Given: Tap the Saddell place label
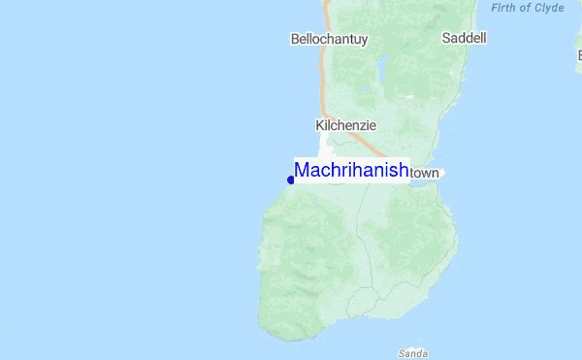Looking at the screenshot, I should [x=464, y=39].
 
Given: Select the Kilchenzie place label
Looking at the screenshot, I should [x=345, y=125].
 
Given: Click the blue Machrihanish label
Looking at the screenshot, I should [x=351, y=170].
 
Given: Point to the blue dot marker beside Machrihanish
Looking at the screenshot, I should [x=291, y=180].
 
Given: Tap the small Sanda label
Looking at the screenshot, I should [x=413, y=352].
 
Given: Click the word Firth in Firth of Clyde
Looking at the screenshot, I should [x=507, y=8].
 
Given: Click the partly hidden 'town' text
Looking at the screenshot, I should [x=425, y=173].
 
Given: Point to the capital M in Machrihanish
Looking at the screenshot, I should [x=302, y=170].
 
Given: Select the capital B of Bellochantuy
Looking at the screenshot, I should [x=295, y=39].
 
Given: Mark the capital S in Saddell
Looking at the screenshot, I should [x=446, y=39].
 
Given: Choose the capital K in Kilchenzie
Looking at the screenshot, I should [x=320, y=125].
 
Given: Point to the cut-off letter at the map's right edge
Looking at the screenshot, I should [x=578, y=54].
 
